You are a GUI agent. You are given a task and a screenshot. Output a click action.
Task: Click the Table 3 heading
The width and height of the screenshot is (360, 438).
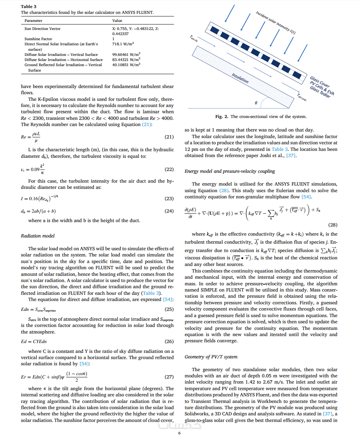[x=29, y=7]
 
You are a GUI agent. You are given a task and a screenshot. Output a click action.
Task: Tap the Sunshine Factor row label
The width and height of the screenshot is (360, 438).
[x=38, y=39]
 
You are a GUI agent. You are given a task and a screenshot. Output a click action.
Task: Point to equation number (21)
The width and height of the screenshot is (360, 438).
[x=169, y=137]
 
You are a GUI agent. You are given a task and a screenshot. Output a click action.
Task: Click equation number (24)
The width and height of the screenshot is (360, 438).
[x=169, y=211]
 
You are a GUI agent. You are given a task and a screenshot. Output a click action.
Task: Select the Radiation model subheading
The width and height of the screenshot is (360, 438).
[x=38, y=236]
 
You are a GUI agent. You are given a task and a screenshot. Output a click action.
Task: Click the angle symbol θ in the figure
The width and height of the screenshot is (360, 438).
[x=256, y=103]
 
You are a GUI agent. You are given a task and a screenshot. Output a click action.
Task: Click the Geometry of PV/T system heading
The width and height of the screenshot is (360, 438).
[x=211, y=357]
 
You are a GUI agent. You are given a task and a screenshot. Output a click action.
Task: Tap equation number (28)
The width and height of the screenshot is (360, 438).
[x=333, y=225]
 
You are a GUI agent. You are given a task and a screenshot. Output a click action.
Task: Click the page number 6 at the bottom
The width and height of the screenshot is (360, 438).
[x=179, y=433]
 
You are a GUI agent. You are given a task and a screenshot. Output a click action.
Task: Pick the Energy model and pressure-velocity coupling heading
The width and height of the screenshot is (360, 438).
[x=230, y=171]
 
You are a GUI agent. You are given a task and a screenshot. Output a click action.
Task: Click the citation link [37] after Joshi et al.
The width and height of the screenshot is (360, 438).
[x=291, y=156]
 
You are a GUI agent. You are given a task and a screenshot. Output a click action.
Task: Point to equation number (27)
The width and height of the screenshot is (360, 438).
[x=169, y=377]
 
